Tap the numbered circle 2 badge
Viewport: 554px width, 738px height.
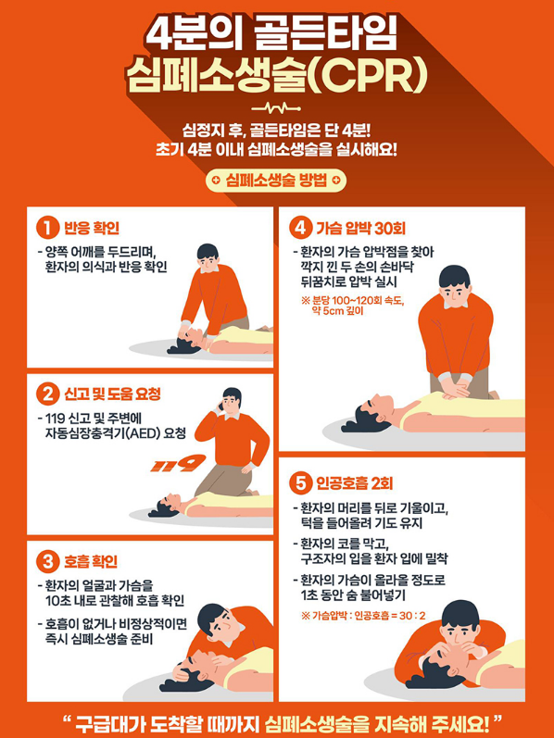point(47,394)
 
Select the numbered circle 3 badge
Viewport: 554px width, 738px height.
point(47,561)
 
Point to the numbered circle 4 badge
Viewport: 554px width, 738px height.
point(300,229)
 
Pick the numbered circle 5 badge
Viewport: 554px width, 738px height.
point(300,484)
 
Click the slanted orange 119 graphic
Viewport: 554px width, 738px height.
point(178,464)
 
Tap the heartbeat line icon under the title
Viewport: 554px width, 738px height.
point(276,108)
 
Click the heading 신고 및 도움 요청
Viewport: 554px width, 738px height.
point(112,394)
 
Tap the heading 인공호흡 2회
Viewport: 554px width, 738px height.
point(355,484)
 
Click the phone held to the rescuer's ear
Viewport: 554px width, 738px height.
point(220,406)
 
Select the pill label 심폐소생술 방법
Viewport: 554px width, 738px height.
point(275,181)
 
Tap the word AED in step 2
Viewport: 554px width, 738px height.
point(147,432)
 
